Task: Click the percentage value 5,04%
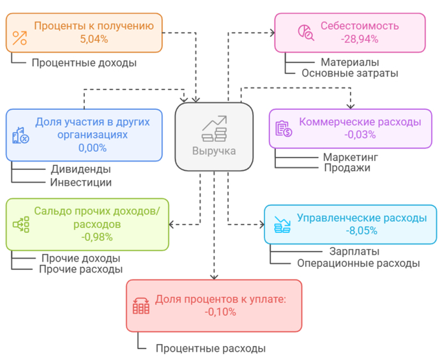point(94,39)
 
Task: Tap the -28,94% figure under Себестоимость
point(360,39)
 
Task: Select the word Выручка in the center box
point(214,151)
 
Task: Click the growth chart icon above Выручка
point(215,128)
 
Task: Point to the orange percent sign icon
point(20,38)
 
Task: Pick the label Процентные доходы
point(84,63)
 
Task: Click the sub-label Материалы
point(350,62)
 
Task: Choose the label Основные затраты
point(350,73)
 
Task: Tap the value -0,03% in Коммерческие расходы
point(360,135)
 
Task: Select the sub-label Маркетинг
point(351,157)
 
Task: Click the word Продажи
point(347,168)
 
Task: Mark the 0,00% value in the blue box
point(93,148)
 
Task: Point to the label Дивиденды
point(81,169)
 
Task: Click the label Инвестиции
point(81,183)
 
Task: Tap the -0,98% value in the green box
point(97,237)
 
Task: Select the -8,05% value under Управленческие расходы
point(361,230)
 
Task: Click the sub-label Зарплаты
point(354,251)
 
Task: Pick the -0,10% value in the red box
point(220,312)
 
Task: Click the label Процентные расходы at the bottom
point(211,349)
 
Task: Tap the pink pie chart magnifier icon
point(306,33)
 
